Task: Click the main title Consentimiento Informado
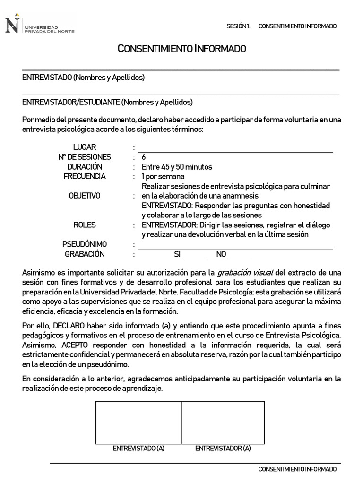click(181, 49)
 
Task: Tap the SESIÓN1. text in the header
click(239, 26)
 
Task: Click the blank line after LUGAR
click(235, 148)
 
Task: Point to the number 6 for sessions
click(144, 157)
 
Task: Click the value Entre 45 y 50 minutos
click(177, 167)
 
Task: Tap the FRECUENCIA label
click(85, 176)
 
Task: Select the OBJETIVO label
click(85, 196)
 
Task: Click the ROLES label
click(85, 225)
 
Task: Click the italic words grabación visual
click(245, 273)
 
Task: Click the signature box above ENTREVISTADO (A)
click(138, 422)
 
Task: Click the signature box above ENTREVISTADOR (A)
click(223, 422)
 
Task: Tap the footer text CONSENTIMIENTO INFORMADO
click(297, 469)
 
